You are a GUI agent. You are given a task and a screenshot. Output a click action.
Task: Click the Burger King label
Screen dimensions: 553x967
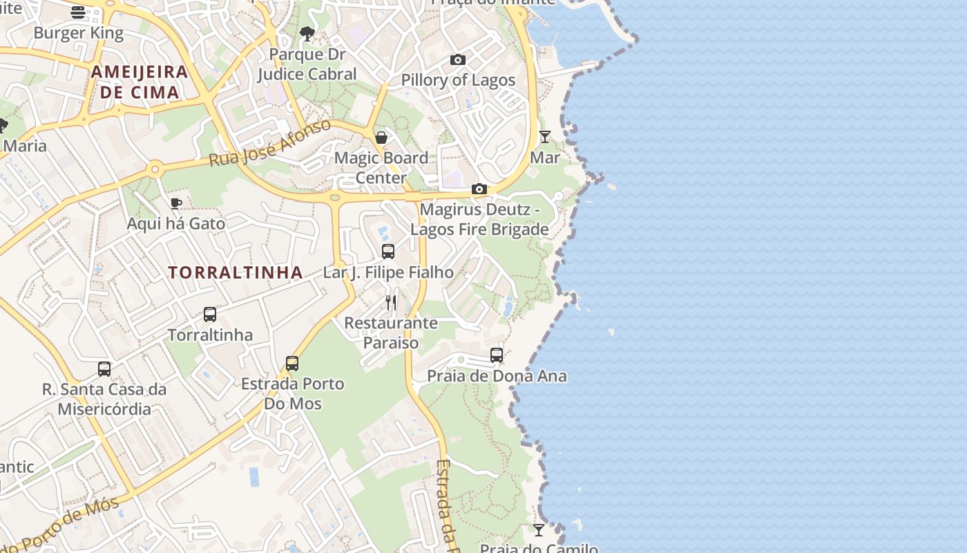pos(78,32)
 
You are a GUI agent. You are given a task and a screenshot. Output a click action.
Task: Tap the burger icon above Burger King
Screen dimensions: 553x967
pos(78,12)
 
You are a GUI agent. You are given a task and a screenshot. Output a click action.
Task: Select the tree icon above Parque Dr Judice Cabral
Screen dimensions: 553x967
pos(307,33)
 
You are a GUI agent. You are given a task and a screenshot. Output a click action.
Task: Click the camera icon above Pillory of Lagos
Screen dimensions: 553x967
pos(458,60)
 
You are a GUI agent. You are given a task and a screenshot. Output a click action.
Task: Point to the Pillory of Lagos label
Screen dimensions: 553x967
pos(458,80)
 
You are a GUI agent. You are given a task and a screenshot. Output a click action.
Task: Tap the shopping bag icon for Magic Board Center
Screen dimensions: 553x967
pos(381,138)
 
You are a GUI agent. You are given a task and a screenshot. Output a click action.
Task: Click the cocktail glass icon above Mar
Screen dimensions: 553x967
pos(545,137)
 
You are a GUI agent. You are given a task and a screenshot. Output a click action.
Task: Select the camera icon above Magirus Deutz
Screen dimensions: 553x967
pos(479,189)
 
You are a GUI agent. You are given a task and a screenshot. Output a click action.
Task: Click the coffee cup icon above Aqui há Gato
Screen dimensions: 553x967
pos(176,203)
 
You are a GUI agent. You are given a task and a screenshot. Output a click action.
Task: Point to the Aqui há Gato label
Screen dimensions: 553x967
pos(176,223)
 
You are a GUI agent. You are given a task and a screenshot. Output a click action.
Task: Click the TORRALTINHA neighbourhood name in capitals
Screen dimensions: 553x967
pos(236,272)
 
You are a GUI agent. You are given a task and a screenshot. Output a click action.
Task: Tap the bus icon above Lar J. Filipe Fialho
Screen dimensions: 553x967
pos(388,252)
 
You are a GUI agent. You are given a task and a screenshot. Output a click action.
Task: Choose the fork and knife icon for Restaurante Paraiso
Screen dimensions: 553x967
pos(391,302)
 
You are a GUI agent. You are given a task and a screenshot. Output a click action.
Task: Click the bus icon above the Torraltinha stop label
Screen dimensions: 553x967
pos(210,315)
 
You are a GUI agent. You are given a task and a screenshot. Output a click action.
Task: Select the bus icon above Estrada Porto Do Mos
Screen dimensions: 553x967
pos(292,364)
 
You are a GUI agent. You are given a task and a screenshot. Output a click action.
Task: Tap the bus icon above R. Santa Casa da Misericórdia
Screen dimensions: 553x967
pos(104,369)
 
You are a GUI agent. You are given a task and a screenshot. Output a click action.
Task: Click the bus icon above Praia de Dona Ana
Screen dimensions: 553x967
pos(497,355)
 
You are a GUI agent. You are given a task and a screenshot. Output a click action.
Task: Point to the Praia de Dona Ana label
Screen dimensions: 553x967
pos(497,376)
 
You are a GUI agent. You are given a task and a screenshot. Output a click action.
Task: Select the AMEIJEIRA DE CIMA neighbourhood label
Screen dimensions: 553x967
pos(140,82)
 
